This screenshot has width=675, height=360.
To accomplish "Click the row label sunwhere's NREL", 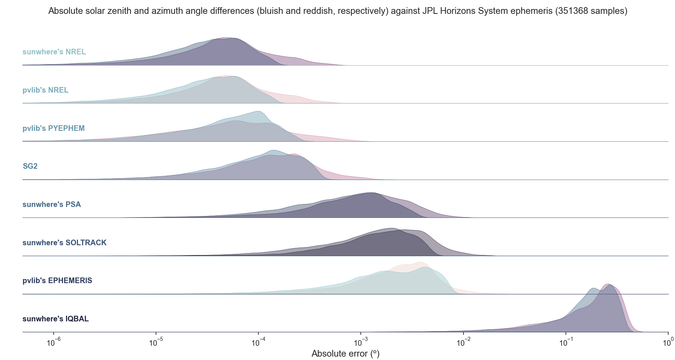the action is pyautogui.click(x=54, y=52).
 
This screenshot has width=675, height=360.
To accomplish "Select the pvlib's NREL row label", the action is pyautogui.click(x=45, y=90).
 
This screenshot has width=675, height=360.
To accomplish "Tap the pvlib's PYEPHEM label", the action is pyautogui.click(x=54, y=128).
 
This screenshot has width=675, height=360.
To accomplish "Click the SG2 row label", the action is pyautogui.click(x=30, y=166).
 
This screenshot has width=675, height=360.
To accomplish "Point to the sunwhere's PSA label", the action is pyautogui.click(x=52, y=204).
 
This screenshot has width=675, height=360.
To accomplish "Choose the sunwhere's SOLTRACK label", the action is pyautogui.click(x=64, y=243).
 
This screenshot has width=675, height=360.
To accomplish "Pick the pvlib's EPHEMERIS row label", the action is pyautogui.click(x=57, y=280).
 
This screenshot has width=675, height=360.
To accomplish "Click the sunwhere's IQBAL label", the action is pyautogui.click(x=55, y=319).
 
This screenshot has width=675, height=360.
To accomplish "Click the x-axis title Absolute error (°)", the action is pyautogui.click(x=345, y=354).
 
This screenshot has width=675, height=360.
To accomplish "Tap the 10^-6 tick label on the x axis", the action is pyautogui.click(x=54, y=342).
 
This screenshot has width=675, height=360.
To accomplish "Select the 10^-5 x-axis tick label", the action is pyautogui.click(x=156, y=342).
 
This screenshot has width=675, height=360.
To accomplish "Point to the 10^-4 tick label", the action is pyautogui.click(x=258, y=342).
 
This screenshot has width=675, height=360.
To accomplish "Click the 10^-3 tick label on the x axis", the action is pyautogui.click(x=361, y=342).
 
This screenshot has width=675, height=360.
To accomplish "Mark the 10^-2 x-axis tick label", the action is pyautogui.click(x=463, y=342).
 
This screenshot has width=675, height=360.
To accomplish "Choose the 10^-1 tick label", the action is pyautogui.click(x=566, y=342).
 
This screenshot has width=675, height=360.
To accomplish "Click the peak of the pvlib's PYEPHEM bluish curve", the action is pyautogui.click(x=258, y=111).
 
